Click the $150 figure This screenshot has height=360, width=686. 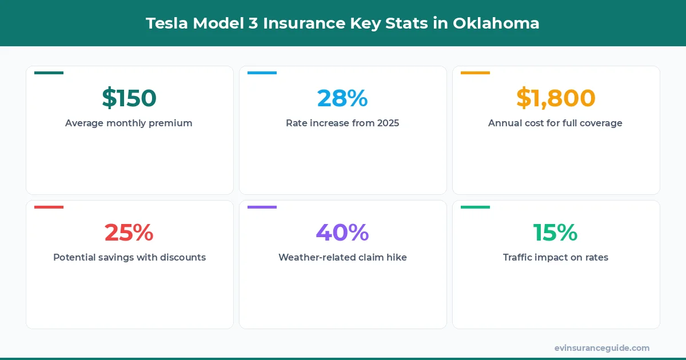[129, 98]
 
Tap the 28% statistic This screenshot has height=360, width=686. [342, 98]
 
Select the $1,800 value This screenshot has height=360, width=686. [556, 98]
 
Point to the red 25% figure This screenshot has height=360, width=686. [129, 233]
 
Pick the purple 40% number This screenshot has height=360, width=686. [342, 233]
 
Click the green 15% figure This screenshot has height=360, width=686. [556, 233]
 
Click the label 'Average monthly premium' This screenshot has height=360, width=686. [129, 123]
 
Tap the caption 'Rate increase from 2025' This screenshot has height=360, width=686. [342, 123]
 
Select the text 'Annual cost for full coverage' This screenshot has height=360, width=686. [556, 123]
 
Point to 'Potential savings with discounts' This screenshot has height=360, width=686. [129, 257]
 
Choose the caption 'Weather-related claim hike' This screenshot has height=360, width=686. [342, 257]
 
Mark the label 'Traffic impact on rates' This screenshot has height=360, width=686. [556, 257]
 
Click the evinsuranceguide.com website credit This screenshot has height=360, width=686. [602, 347]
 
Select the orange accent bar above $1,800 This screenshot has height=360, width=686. [475, 73]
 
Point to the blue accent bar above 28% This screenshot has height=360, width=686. [262, 73]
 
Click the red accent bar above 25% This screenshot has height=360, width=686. [49, 207]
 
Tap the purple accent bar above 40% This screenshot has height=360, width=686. [262, 207]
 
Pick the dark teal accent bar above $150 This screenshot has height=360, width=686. [49, 73]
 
